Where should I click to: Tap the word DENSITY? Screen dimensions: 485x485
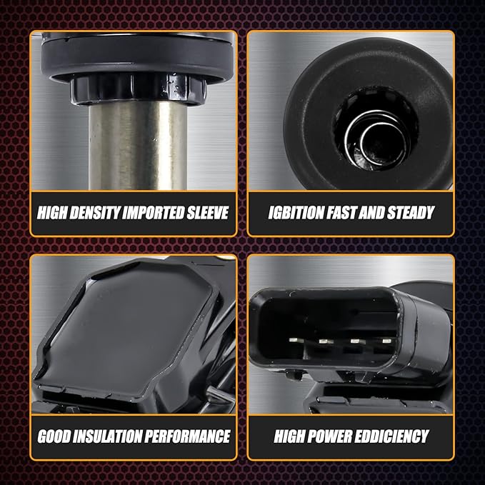[95, 213]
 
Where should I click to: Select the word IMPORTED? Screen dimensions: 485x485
[154, 213]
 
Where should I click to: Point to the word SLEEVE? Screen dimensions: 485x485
[208, 213]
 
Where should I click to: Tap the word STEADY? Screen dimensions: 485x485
[411, 213]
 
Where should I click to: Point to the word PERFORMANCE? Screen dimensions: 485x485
[187, 436]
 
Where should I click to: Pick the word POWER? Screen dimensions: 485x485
[329, 436]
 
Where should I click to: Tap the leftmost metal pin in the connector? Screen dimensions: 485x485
[293, 340]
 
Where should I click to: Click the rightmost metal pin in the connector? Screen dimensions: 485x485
[386, 341]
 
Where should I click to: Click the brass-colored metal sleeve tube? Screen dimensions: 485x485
[138, 146]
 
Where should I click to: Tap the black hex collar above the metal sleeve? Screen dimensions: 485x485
[138, 89]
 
